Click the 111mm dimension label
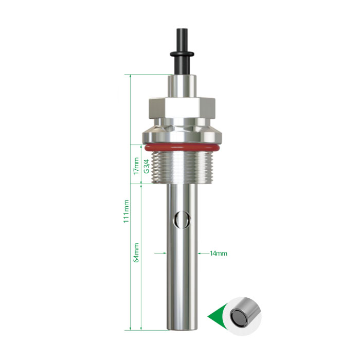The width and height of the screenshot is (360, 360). point(126,211)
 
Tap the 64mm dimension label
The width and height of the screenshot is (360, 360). point(136,253)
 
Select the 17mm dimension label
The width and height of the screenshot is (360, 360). point(136,166)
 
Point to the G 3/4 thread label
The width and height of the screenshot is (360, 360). point(147,166)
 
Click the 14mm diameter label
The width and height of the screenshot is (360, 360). point(219,254)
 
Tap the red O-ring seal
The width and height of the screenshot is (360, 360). point(182,148)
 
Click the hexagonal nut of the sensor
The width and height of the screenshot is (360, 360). point(182,109)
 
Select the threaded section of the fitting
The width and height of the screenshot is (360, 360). point(182,167)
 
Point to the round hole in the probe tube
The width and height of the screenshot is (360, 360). point(182,220)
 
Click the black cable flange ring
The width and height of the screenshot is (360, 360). point(182,54)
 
